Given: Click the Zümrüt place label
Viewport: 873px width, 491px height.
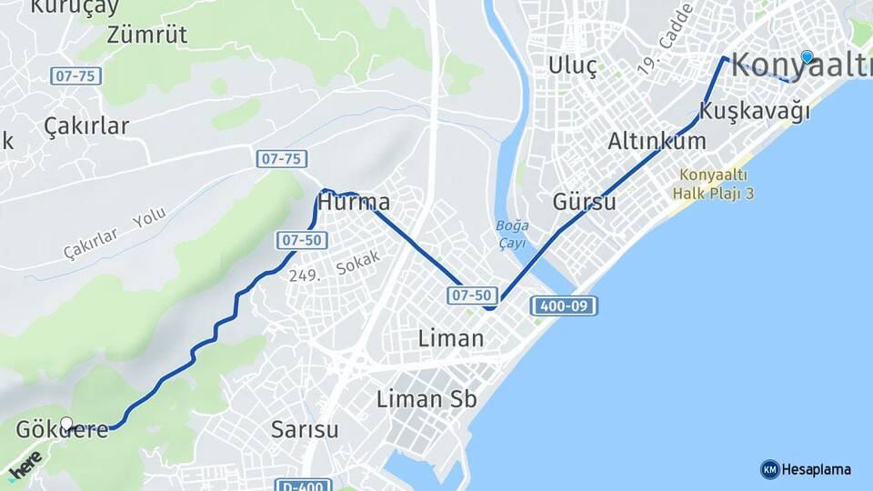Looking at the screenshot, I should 146,35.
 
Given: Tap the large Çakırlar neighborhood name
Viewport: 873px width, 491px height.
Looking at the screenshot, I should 86,126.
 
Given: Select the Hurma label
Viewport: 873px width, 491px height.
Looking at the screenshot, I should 355,202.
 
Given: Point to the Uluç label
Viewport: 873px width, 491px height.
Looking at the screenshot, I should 573,65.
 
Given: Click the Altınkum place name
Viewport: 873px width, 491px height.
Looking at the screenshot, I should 657,141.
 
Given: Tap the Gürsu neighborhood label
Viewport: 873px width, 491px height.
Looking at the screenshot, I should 584,202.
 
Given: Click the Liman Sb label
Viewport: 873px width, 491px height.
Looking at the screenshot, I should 426,398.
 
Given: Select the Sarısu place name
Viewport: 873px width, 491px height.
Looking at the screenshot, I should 305,429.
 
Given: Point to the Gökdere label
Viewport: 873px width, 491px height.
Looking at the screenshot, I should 62,430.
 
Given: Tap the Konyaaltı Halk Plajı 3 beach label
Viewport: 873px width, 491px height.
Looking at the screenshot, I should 714,184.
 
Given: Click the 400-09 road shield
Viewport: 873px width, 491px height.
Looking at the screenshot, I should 563,306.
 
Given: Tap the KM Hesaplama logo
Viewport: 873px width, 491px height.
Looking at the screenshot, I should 806,469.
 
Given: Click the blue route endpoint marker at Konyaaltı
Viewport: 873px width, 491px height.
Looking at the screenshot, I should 807,56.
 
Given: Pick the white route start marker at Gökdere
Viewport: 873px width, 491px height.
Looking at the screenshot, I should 66,424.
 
